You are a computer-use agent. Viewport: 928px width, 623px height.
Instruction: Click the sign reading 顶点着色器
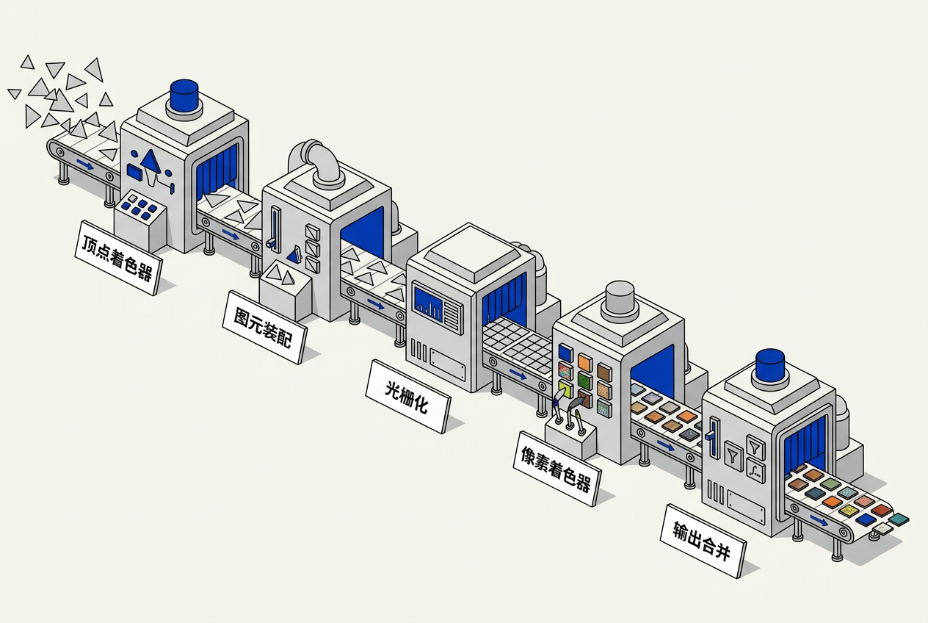point(118,258)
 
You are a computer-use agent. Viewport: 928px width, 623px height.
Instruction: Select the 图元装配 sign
point(265,328)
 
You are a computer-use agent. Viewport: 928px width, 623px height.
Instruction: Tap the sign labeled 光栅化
point(408,397)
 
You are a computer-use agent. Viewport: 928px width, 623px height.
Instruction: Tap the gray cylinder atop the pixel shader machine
point(620,297)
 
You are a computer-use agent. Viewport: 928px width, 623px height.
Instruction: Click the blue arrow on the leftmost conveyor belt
point(85,165)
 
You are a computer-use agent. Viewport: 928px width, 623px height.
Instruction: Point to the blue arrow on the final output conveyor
point(819,521)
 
